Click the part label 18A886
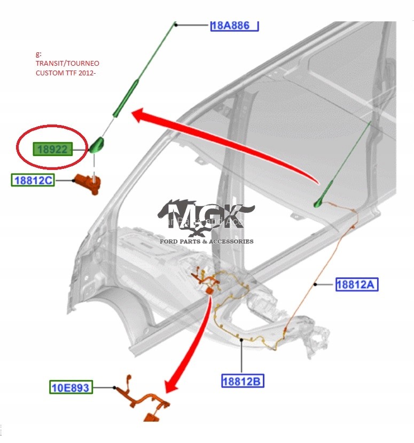235,25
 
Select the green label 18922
52,149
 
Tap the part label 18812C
33,180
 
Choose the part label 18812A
357,284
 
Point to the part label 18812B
243,381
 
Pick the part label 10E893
71,386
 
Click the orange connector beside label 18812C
87,183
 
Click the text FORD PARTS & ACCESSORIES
207,242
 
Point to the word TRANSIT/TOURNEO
67,63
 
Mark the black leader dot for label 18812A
316,284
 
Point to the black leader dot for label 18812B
242,340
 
